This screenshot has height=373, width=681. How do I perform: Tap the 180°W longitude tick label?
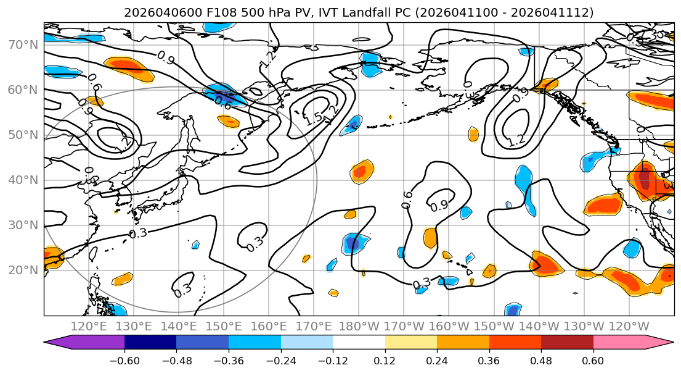[x=360, y=326]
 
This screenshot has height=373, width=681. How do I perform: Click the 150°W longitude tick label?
[x=495, y=326]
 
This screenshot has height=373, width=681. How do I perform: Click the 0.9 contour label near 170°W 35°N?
[x=439, y=206]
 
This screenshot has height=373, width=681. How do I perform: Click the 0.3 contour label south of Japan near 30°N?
[x=138, y=233]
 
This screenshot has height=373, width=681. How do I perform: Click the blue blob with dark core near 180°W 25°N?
[x=354, y=244]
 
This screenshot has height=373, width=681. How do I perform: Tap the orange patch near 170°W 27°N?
[x=430, y=238]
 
